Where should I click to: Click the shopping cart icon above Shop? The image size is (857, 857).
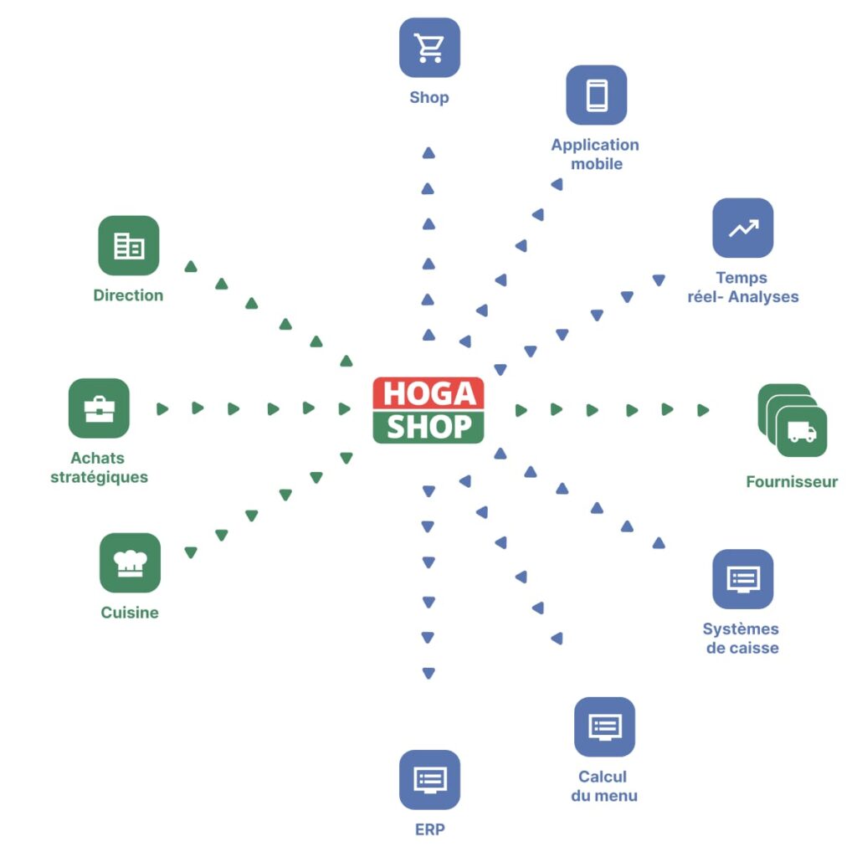[x=429, y=48]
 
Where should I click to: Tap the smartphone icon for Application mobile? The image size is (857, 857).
[x=596, y=95]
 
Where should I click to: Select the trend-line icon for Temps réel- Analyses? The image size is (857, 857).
[x=743, y=228]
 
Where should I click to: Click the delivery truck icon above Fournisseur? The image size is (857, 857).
[x=801, y=432]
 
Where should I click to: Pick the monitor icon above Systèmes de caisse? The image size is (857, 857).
[x=743, y=579]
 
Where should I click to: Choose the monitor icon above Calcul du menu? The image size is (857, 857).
[x=604, y=726]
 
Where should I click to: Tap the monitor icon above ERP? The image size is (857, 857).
[x=429, y=780]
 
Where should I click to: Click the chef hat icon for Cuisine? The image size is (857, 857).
[x=130, y=562]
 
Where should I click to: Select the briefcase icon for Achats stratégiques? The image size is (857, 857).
[x=99, y=408]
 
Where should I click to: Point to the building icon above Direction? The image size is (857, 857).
[x=128, y=245]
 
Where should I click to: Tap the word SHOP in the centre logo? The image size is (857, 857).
[x=428, y=427]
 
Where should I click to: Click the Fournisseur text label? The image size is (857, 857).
[x=792, y=482]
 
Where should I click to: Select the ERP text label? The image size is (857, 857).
[x=429, y=830]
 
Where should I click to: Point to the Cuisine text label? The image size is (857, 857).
[x=130, y=613]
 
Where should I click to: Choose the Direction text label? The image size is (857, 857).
[x=128, y=295]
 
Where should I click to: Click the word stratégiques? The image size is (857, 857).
[x=99, y=478]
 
